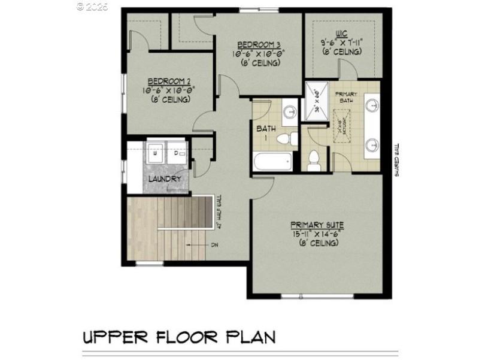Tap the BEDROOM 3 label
pos(259,44)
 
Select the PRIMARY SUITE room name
pos(317,225)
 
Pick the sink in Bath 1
pos(289,112)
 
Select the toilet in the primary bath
pos(313,159)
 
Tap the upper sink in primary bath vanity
pos(374,107)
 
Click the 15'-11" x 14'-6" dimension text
pos(317,234)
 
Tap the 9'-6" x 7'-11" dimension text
pos(341,43)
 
